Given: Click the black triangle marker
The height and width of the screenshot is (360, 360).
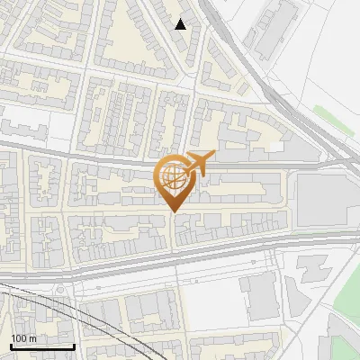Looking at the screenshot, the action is pos(181,24).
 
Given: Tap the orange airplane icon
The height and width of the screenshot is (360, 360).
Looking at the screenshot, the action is pos(199,161).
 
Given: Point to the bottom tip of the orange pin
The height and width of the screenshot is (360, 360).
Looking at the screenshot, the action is pos(172,212).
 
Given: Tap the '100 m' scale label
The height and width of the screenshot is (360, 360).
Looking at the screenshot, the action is pos(23,338).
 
